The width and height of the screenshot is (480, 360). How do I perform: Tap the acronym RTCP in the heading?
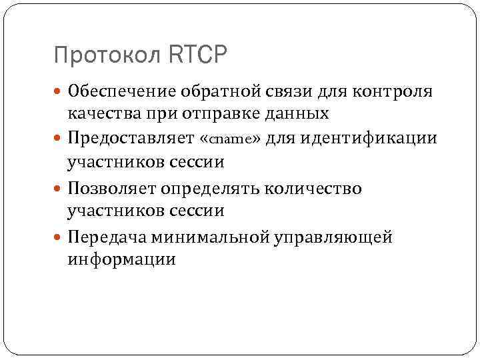click(198, 54)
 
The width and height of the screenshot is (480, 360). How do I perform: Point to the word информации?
click(121, 259)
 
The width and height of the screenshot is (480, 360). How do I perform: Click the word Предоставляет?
click(131, 139)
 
